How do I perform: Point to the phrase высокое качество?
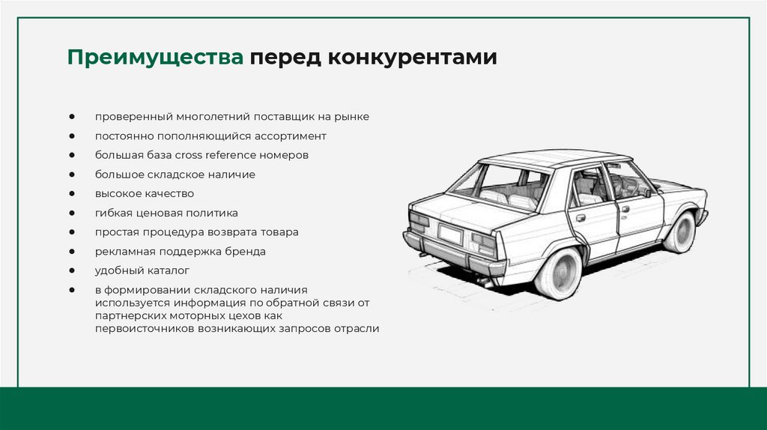click(x=144, y=193)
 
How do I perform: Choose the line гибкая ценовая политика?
click(x=166, y=213)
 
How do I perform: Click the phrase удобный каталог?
click(x=142, y=270)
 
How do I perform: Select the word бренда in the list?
click(x=245, y=251)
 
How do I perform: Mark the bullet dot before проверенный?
click(x=71, y=117)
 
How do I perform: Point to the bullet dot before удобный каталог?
click(x=71, y=270)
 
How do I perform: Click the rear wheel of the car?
click(x=558, y=272)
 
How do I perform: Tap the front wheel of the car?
click(x=681, y=232)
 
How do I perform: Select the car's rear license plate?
click(x=450, y=234)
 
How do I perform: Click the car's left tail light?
click(x=419, y=220)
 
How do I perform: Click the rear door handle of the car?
click(x=580, y=218)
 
